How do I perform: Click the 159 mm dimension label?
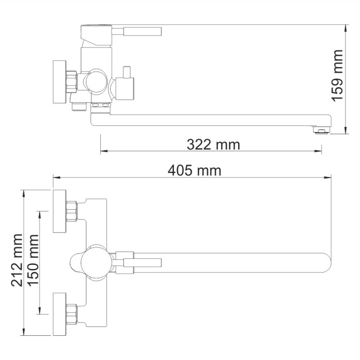(x=337, y=75)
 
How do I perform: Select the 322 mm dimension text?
(x=213, y=145)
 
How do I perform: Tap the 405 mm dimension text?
(x=195, y=170)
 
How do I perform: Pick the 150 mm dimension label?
(x=34, y=262)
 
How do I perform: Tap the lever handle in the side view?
(x=142, y=31)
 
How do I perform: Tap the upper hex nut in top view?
(x=72, y=211)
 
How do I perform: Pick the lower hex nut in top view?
(x=72, y=314)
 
